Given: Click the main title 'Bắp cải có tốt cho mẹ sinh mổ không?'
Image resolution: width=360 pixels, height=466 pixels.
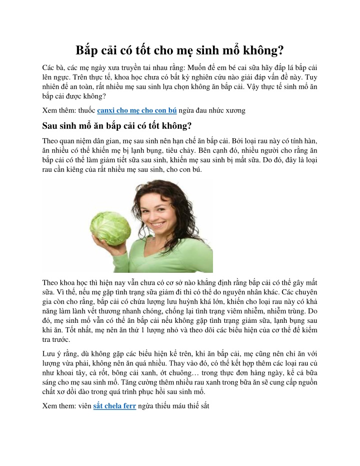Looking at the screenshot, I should [180, 51].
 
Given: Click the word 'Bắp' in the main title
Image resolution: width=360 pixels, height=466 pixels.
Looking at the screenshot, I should [85, 51].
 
